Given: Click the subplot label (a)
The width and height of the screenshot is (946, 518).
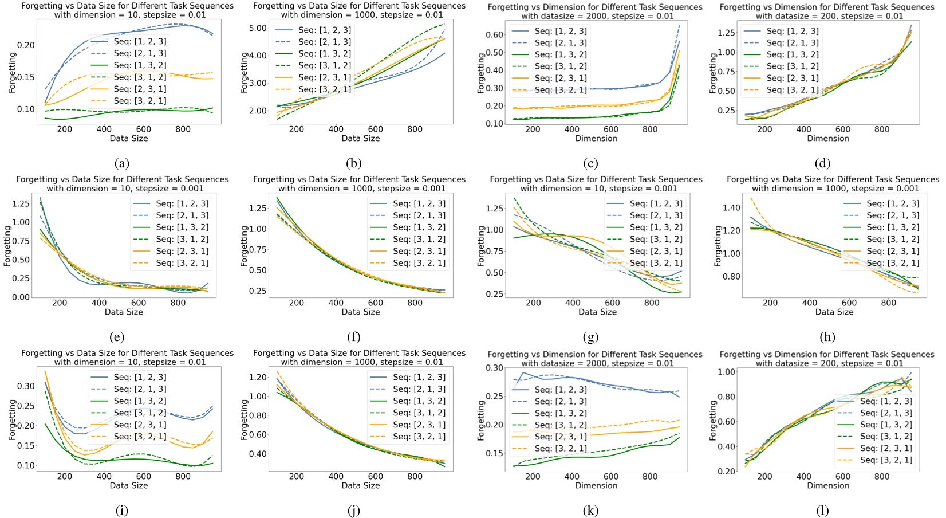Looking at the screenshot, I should [121, 163].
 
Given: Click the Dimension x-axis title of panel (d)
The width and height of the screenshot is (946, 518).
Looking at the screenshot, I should [827, 138].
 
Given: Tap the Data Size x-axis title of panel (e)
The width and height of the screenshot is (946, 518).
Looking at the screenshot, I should [124, 312].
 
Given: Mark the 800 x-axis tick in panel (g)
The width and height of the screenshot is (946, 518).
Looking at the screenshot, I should [651, 303].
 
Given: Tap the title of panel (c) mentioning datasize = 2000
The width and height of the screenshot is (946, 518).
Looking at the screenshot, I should [596, 11].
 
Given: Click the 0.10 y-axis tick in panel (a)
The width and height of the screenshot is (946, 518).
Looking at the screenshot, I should [26, 109].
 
